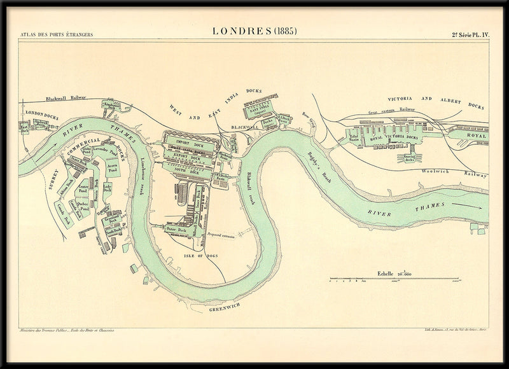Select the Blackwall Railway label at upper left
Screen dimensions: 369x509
coord(66,99)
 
